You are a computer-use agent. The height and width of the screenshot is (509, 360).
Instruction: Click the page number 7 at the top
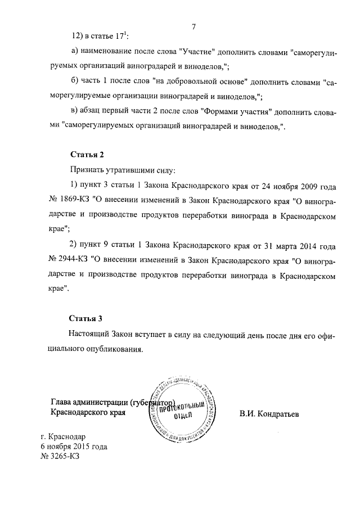(x=193, y=26)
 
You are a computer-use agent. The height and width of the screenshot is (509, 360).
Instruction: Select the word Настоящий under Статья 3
(x=91, y=334)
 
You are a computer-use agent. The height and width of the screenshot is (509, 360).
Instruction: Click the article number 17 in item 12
(x=121, y=36)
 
